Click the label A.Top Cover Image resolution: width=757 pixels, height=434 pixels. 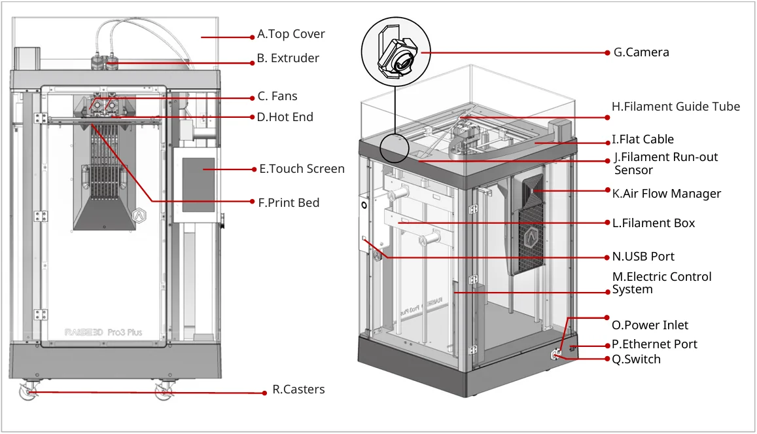pyautogui.click(x=291, y=34)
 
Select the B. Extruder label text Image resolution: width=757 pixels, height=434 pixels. pyautogui.click(x=288, y=58)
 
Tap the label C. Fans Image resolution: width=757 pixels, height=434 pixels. pyautogui.click(x=277, y=96)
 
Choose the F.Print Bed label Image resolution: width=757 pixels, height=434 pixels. pyautogui.click(x=289, y=203)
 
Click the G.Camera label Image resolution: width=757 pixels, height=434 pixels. pyautogui.click(x=641, y=52)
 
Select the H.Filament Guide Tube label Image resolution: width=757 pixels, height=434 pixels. pyautogui.click(x=676, y=107)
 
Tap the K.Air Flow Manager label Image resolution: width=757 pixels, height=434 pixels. pyautogui.click(x=666, y=194)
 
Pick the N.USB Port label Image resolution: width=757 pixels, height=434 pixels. pyautogui.click(x=643, y=257)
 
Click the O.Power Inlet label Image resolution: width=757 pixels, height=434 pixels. pyautogui.click(x=650, y=325)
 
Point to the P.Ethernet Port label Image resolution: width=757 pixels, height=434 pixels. pyautogui.click(x=654, y=344)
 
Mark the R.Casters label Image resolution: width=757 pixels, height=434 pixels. pyautogui.click(x=298, y=390)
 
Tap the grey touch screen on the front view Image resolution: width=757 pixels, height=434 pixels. pyautogui.click(x=198, y=184)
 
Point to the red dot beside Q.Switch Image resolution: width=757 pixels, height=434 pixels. pyautogui.click(x=606, y=359)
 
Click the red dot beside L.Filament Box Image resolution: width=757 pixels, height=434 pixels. pyautogui.click(x=606, y=223)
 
